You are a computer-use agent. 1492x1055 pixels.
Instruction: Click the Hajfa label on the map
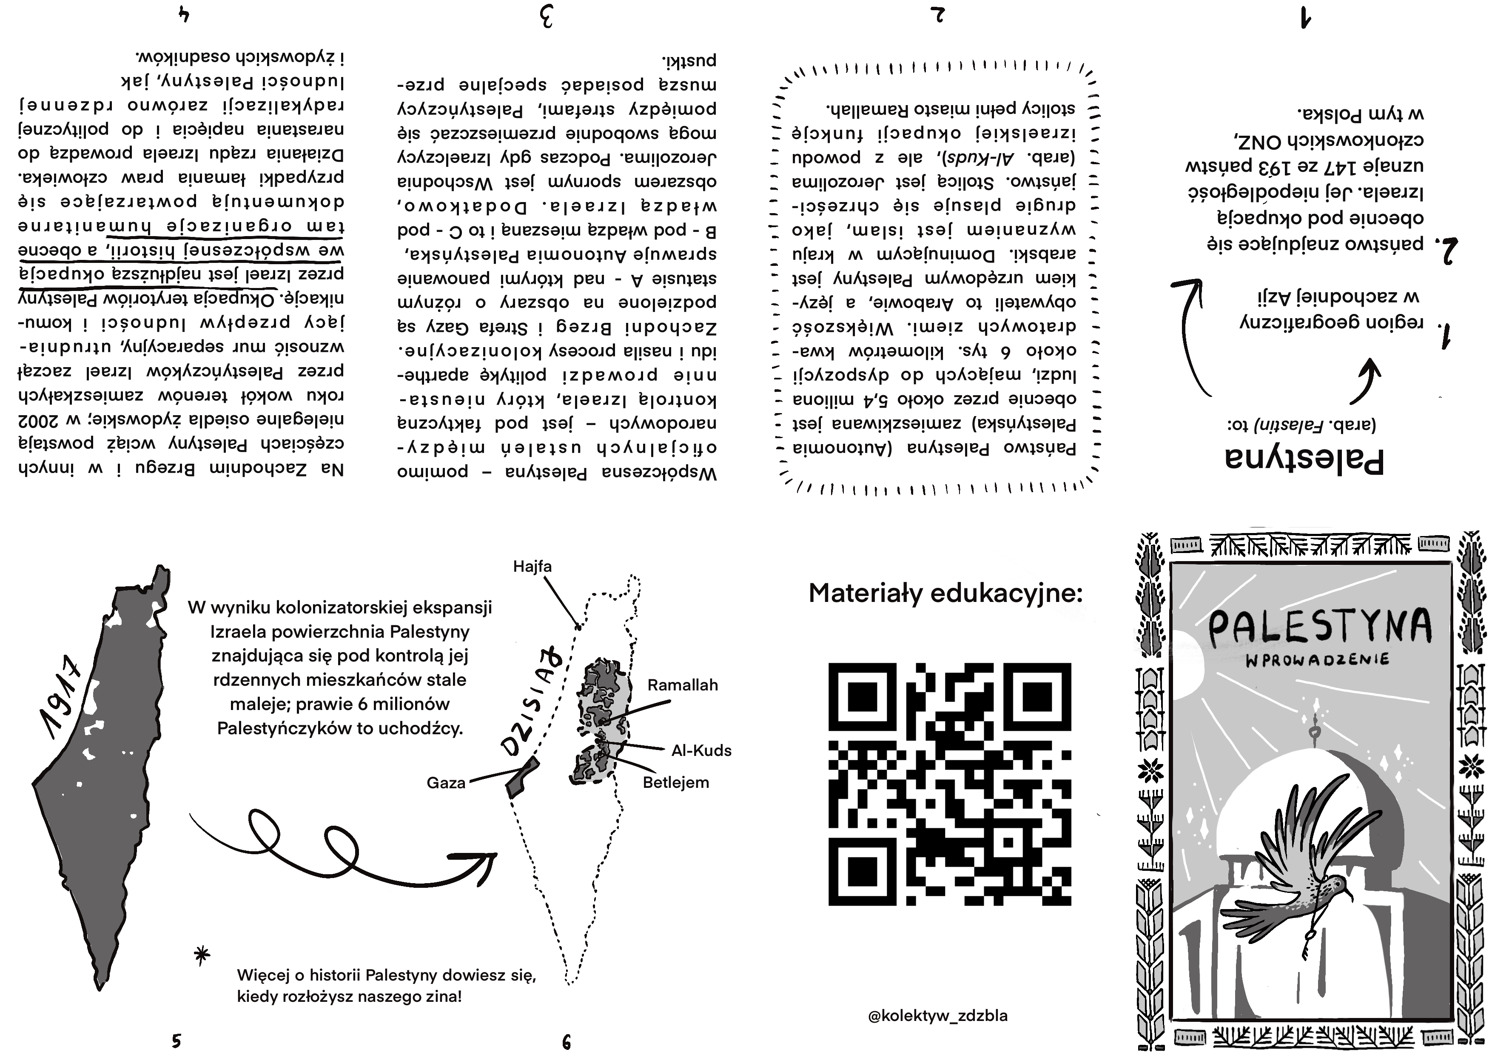[532, 566]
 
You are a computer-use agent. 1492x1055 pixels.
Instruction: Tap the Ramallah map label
[682, 684]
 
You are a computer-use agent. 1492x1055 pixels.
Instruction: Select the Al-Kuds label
[701, 751]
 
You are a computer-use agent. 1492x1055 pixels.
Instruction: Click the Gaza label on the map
[446, 783]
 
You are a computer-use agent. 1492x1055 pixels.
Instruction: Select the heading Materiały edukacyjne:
[945, 593]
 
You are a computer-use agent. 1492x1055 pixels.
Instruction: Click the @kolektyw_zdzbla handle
[938, 1015]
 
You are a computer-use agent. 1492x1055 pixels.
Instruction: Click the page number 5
[176, 1040]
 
